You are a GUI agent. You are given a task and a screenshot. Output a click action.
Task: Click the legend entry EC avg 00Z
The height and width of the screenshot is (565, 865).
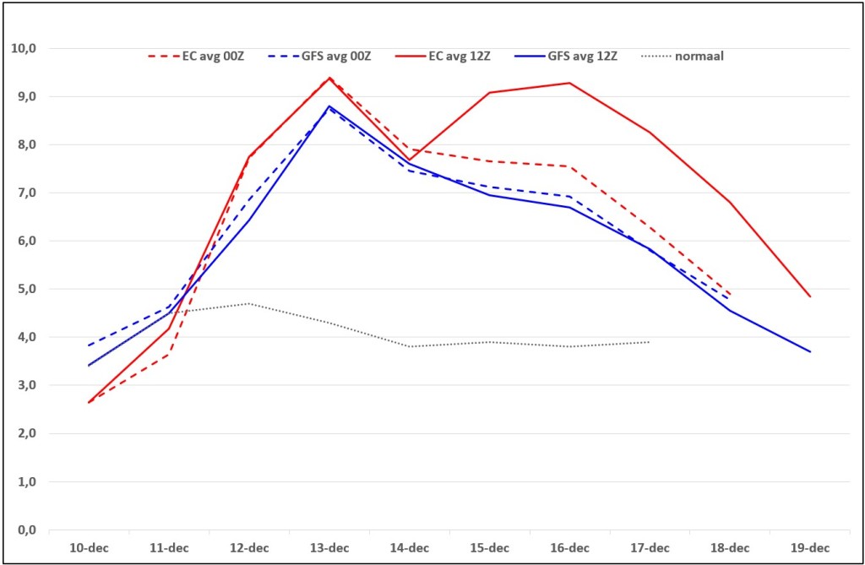(196, 57)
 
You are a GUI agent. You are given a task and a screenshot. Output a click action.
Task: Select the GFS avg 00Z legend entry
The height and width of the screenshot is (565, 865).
(319, 57)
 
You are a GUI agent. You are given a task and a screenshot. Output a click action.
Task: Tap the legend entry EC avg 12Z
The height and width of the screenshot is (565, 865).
(443, 57)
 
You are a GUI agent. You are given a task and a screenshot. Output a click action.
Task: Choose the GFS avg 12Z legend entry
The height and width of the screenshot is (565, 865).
(565, 57)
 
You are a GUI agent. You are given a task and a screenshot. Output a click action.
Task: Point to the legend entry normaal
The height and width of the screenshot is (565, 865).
(683, 57)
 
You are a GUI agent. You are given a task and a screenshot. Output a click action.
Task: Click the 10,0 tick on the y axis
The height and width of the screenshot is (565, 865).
(24, 48)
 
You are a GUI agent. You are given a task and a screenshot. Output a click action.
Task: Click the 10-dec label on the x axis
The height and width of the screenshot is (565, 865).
(89, 548)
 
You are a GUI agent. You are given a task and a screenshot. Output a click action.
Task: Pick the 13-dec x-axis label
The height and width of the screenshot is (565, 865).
(329, 548)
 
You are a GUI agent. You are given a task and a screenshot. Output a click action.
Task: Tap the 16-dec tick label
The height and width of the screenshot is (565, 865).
(570, 548)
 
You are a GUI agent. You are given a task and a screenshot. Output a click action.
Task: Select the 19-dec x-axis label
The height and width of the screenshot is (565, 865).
(810, 548)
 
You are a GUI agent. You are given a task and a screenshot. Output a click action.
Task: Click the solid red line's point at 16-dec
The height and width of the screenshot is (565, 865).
(570, 84)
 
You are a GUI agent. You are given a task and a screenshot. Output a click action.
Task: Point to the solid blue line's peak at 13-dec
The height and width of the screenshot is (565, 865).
(329, 106)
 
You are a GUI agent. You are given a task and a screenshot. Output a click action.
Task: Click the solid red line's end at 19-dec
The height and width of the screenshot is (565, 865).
(810, 296)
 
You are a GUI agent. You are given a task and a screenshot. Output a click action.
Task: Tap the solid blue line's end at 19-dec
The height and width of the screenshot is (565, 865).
(810, 351)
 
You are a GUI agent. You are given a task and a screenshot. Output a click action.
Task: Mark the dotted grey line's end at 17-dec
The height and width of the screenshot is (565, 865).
(650, 342)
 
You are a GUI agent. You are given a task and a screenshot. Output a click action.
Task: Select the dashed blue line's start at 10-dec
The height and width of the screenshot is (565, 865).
(89, 346)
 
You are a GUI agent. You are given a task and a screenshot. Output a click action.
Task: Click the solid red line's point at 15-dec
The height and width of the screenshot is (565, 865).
(489, 93)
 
